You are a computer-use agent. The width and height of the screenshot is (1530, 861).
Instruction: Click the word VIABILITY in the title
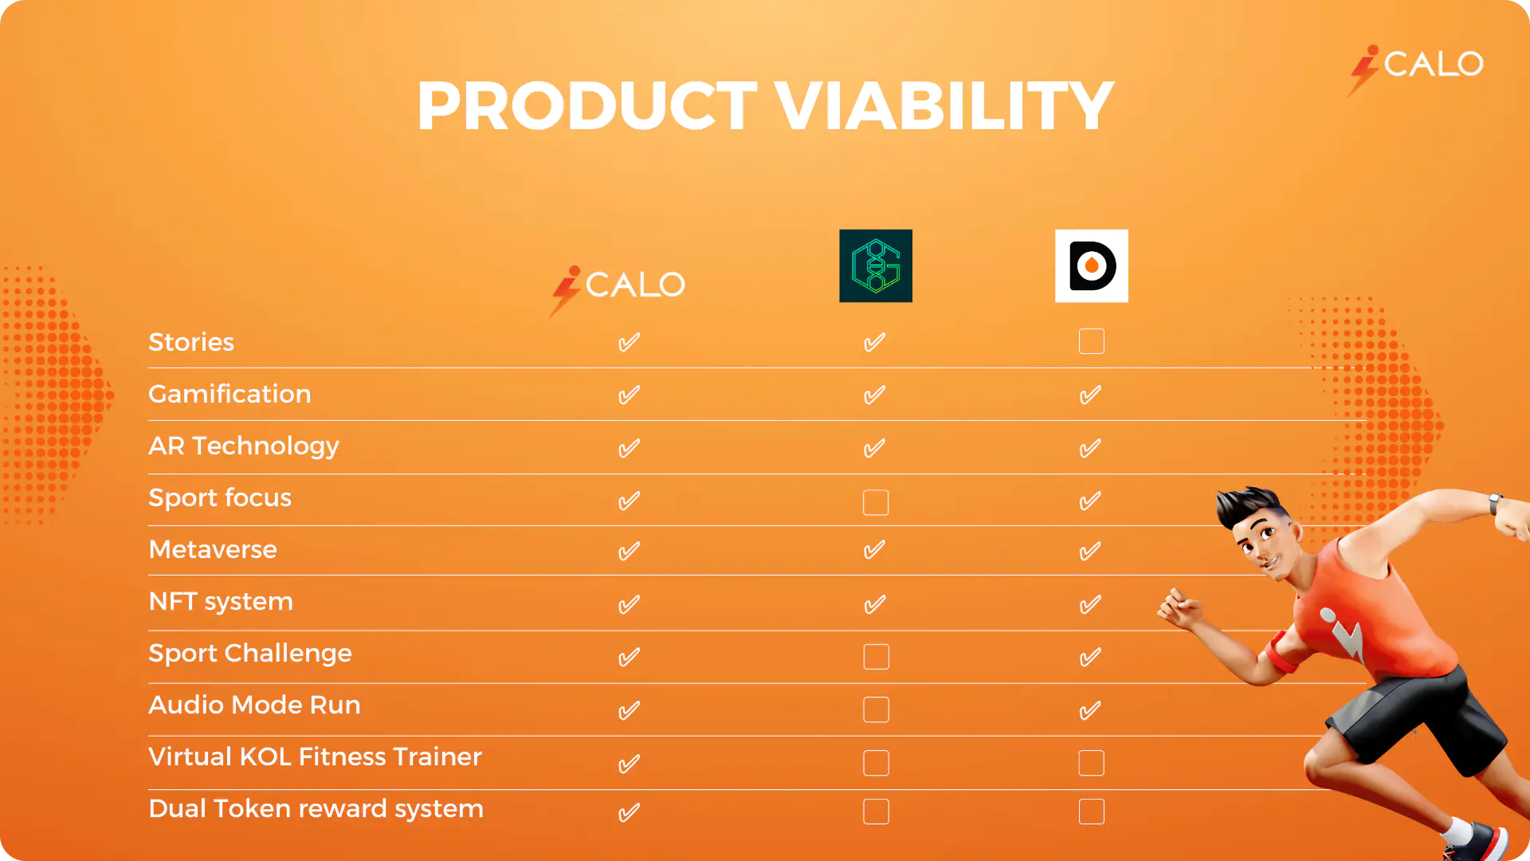click(x=944, y=105)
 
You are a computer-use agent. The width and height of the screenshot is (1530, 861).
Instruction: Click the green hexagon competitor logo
click(x=876, y=265)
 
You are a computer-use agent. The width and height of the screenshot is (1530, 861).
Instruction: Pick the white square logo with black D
click(x=1092, y=265)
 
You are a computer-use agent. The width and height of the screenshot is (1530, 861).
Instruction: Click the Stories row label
click(x=191, y=342)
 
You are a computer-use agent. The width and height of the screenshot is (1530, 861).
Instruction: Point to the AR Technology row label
click(x=244, y=446)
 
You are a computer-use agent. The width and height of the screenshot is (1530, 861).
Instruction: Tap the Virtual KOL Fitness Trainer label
click(x=315, y=757)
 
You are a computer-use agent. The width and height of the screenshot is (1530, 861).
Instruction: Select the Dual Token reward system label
click(x=316, y=809)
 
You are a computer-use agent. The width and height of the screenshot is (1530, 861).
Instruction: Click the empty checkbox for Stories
click(x=1092, y=341)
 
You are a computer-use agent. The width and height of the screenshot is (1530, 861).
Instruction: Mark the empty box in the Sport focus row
click(x=876, y=502)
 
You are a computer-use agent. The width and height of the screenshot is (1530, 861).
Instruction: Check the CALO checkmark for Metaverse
click(x=629, y=551)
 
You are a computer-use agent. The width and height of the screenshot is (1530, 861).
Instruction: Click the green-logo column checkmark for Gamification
click(x=874, y=395)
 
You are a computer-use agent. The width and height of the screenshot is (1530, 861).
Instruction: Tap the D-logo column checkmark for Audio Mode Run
click(x=1089, y=710)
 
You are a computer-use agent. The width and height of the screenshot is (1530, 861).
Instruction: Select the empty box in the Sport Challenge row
click(x=876, y=657)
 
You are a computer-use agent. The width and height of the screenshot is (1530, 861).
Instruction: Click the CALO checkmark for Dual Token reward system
click(x=629, y=812)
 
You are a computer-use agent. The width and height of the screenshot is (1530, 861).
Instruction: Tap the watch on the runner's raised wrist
click(x=1496, y=504)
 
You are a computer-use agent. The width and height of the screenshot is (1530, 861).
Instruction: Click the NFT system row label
click(x=221, y=602)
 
